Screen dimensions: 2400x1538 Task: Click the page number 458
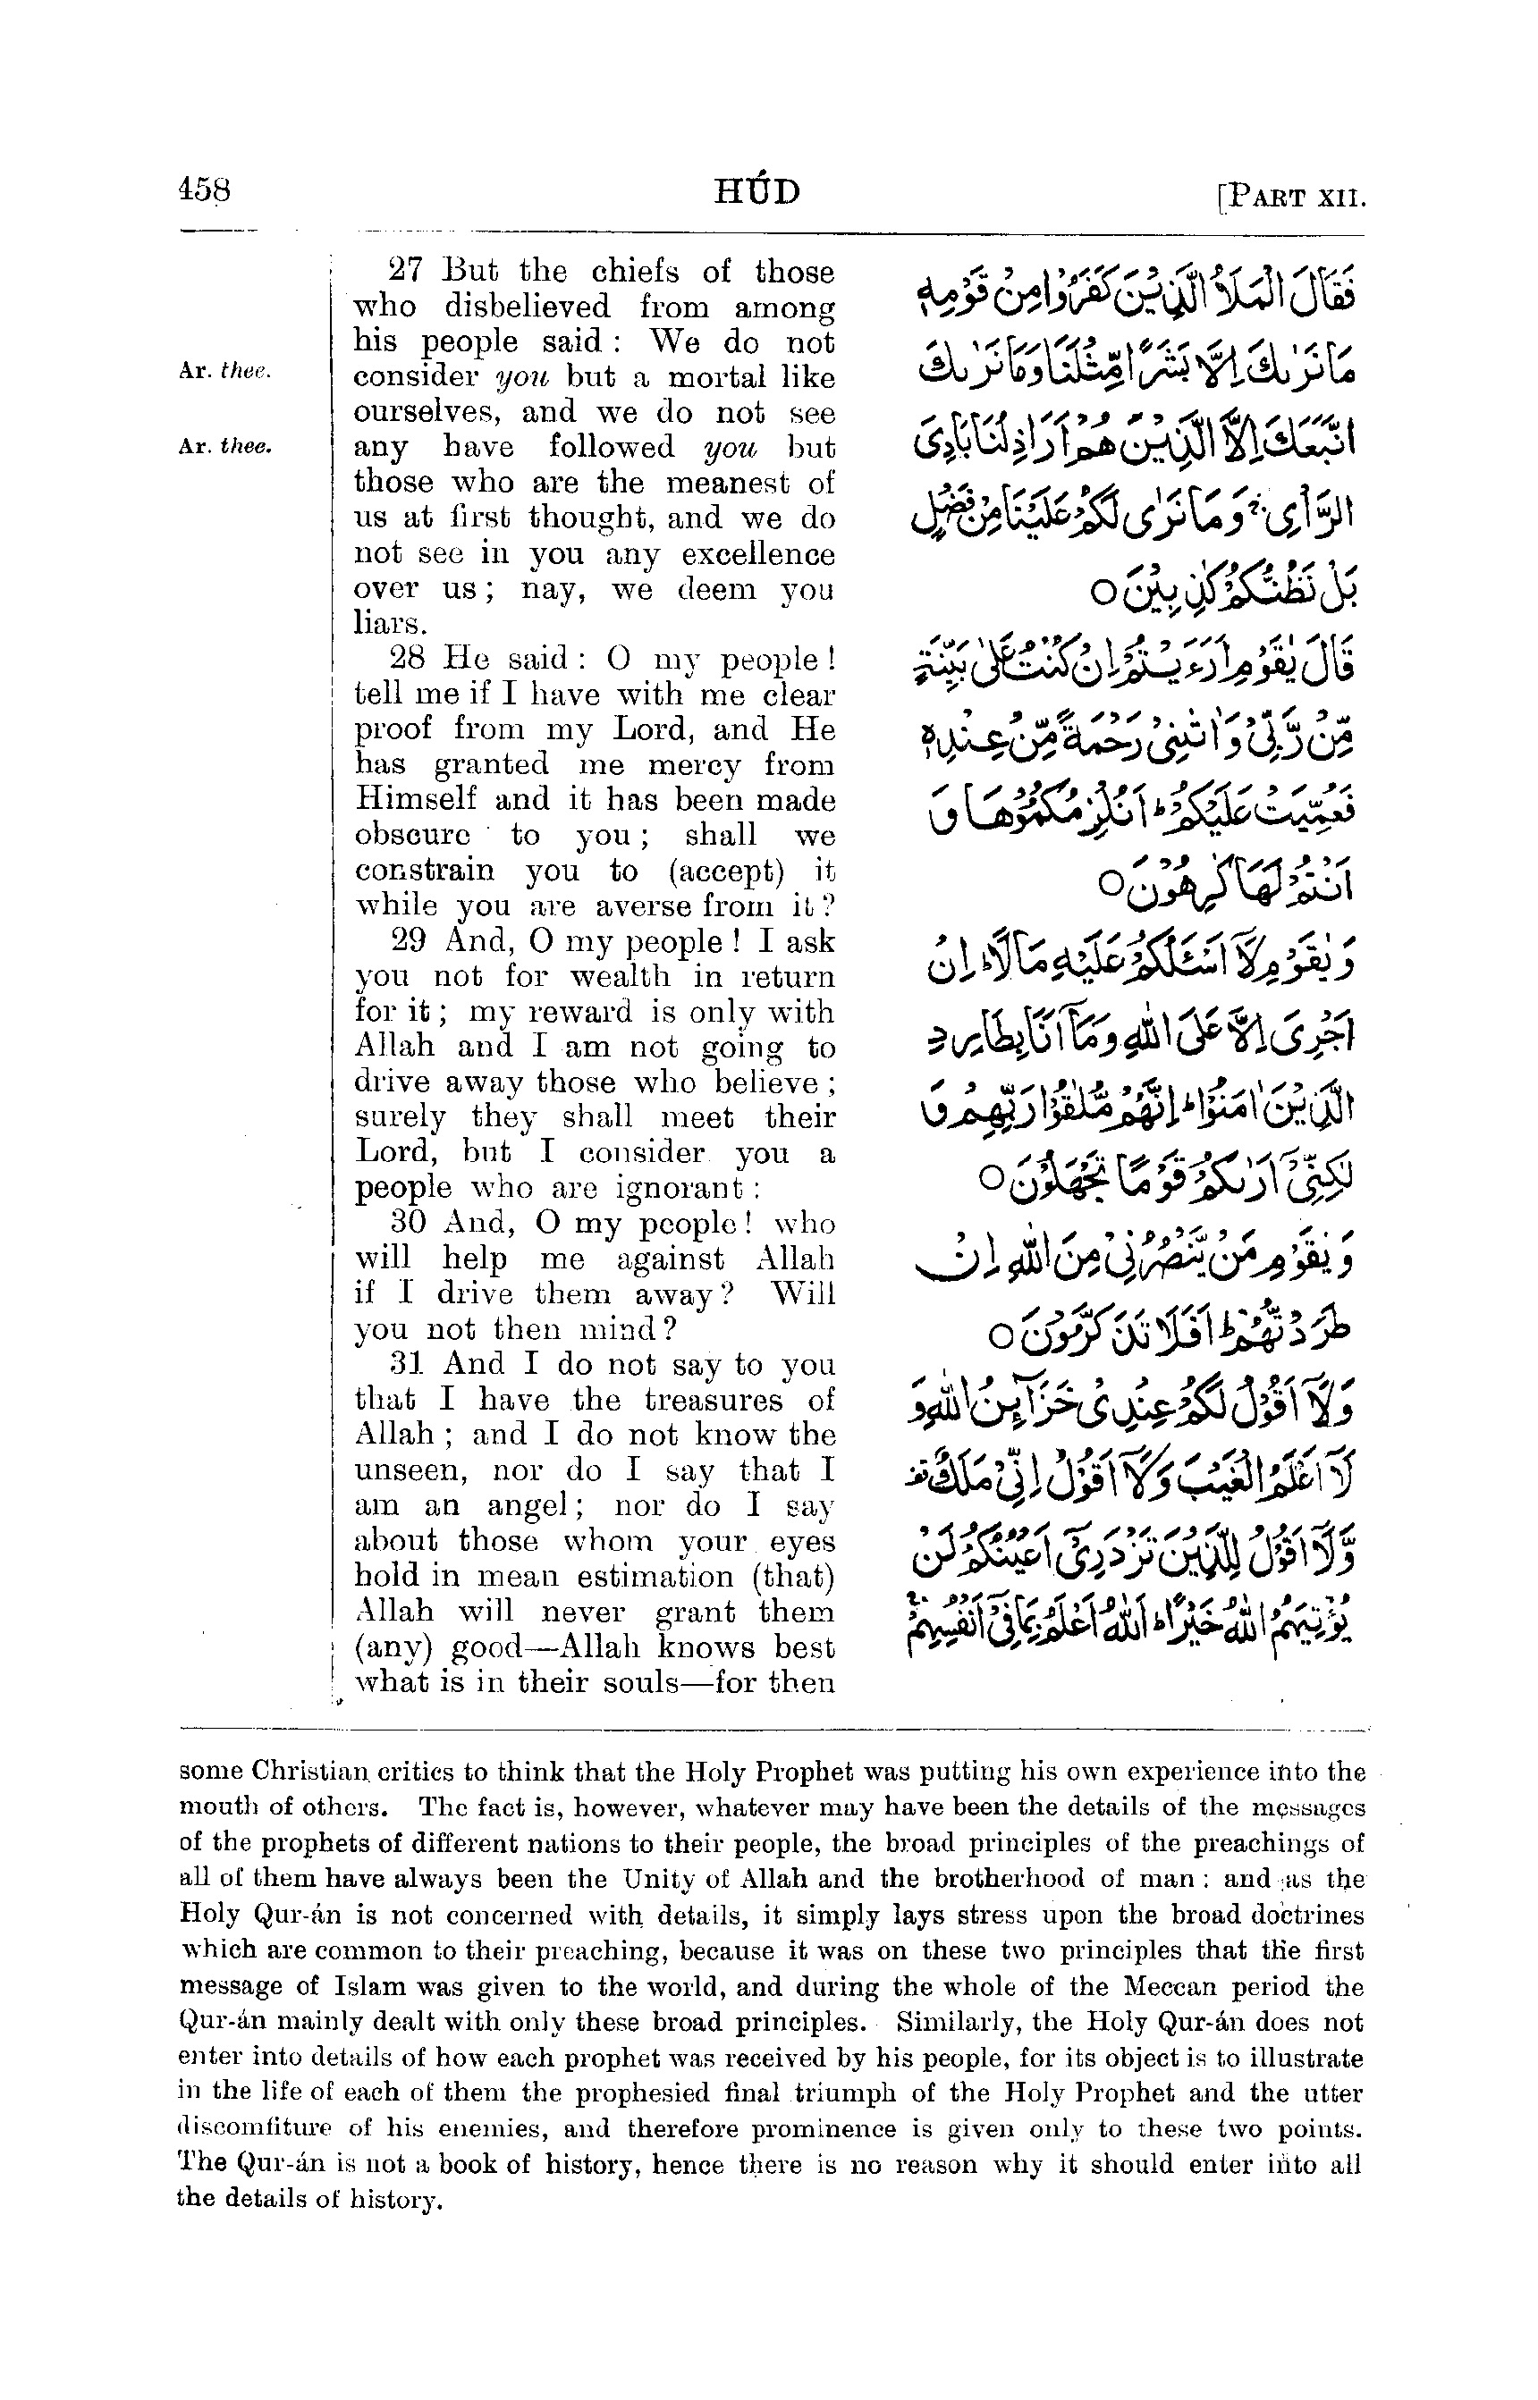[204, 189]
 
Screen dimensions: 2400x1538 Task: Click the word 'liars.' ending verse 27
[391, 625]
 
